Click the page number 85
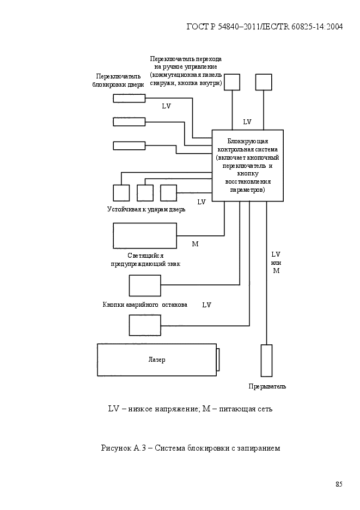339,484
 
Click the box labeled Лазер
157,360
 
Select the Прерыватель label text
267,386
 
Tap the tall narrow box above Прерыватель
267,361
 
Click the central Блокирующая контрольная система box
248,166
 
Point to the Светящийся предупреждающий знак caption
146,260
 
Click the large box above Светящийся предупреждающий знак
145,236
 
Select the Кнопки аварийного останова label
145,305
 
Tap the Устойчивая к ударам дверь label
147,209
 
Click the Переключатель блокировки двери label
118,80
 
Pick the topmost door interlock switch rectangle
129,98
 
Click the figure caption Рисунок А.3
191,448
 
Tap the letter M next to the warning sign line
195,244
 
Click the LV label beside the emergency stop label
206,305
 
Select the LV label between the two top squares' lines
247,122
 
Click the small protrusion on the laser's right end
218,360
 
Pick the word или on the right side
276,263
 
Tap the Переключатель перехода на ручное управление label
186,71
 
